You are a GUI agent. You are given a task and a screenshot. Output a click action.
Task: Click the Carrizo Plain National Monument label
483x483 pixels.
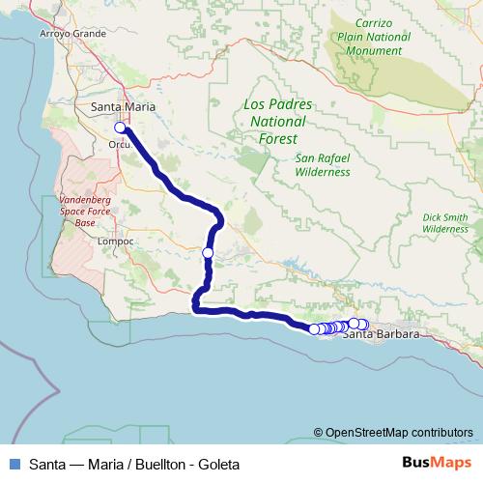click(x=375, y=37)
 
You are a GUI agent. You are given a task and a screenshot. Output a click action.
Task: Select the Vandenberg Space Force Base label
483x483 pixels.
click(x=85, y=209)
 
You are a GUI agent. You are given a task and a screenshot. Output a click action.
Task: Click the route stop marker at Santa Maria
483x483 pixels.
click(x=120, y=128)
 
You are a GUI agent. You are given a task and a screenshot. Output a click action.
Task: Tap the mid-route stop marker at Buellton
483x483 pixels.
click(x=208, y=253)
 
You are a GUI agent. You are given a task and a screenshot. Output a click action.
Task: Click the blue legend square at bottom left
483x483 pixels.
click(x=14, y=464)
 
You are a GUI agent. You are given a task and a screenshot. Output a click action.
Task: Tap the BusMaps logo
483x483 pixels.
click(x=436, y=463)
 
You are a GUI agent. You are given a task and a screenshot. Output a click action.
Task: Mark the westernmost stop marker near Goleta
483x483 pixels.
click(x=314, y=329)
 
